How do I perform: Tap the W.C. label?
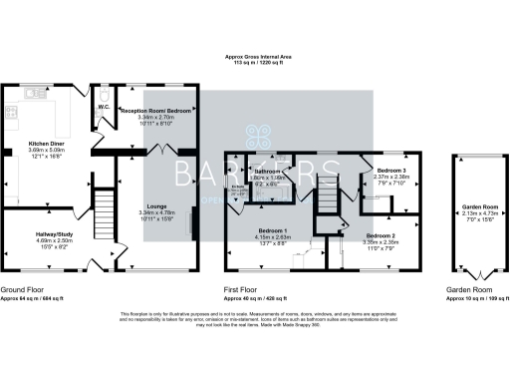click(x=103, y=107)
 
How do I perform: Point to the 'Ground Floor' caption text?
click(x=20, y=289)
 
